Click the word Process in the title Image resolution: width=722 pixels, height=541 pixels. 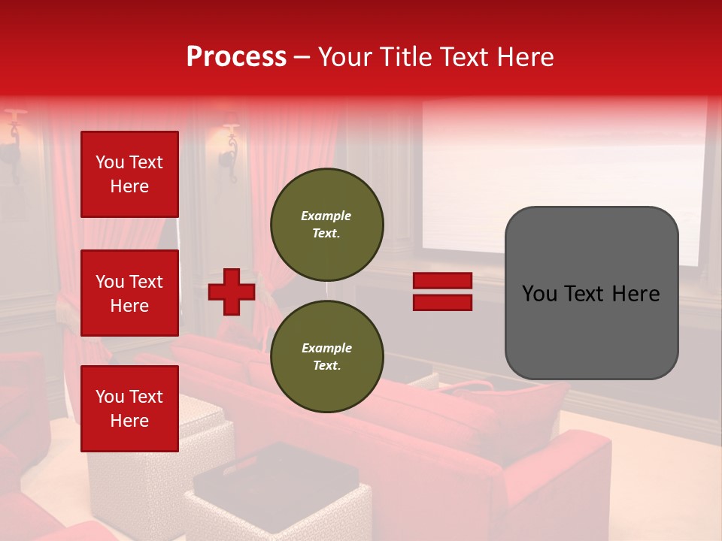tap(236, 57)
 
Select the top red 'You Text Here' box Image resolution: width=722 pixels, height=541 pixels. tap(129, 174)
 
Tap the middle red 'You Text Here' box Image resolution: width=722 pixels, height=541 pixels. tap(129, 293)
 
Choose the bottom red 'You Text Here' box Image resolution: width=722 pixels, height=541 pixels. tap(129, 408)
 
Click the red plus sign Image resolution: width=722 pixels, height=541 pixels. tap(232, 292)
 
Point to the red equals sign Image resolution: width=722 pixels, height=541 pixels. tap(442, 292)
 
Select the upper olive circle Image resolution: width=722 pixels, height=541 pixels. tap(326, 225)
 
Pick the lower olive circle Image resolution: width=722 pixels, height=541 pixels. tap(326, 357)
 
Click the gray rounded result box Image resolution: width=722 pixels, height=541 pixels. tap(591, 293)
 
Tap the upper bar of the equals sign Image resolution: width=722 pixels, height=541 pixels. tap(442, 281)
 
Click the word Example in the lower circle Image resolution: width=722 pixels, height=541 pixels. tap(326, 348)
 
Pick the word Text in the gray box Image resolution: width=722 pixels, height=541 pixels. tap(590, 293)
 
